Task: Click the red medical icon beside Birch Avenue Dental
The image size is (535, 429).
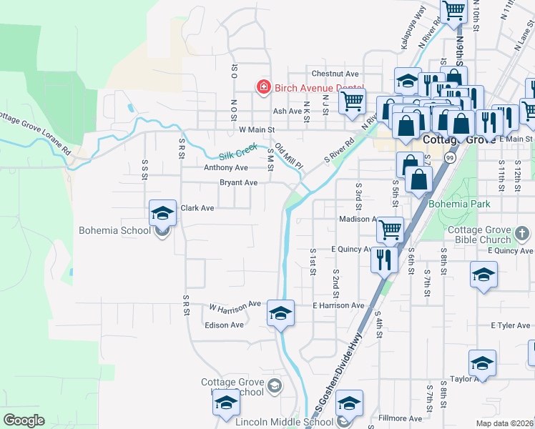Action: pos(263,87)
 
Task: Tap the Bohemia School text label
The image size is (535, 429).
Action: pos(114,230)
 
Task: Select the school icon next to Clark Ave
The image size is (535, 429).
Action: pos(162,213)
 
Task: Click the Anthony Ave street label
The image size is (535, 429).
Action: pos(225,167)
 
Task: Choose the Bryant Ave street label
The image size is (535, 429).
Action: pos(238,182)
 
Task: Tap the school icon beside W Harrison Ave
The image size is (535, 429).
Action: pos(280,313)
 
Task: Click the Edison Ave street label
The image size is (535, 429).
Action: pos(225,325)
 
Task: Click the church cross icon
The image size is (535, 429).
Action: pos(523,233)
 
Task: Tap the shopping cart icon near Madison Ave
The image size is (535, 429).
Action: pos(391,230)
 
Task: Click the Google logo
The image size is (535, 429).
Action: pos(24,420)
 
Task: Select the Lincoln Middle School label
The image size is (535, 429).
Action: pos(284,422)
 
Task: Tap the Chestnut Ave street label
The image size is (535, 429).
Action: pos(334,74)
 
